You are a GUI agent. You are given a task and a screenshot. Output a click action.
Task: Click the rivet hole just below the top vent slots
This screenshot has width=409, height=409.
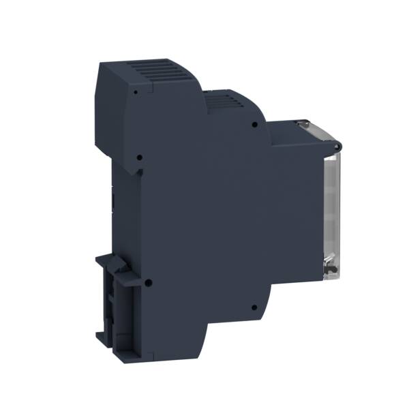[x=137, y=90]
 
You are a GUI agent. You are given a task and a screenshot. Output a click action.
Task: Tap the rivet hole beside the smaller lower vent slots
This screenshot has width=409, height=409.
[x=254, y=125]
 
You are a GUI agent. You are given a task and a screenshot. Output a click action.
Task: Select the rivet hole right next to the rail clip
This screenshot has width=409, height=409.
[x=149, y=281]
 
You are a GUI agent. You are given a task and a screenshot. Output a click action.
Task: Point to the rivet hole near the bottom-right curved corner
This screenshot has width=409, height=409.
[x=252, y=307]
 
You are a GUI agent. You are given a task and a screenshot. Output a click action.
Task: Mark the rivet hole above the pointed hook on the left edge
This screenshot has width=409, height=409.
[x=139, y=157]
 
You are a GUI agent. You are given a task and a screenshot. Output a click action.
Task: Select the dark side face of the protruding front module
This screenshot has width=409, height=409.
[x=293, y=204]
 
